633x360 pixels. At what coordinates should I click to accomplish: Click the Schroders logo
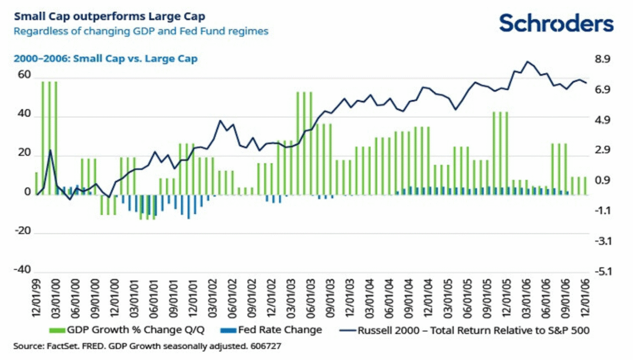556,24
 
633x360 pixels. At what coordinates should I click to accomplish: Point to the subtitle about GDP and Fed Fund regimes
141,31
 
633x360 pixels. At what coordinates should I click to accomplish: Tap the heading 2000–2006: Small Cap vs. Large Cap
105,59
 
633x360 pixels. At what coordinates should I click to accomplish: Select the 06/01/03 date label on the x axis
311,299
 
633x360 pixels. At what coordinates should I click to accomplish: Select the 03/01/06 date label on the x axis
526,299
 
